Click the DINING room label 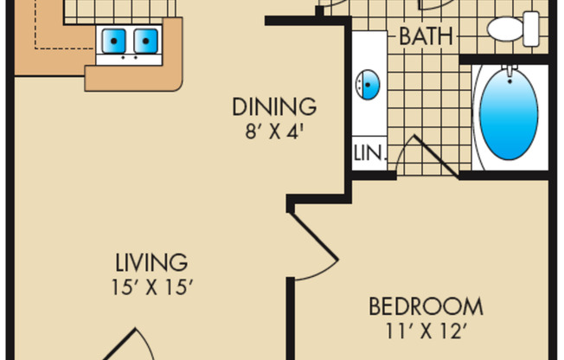[x=274, y=107]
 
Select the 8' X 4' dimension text [x=274, y=133]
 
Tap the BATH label [x=426, y=37]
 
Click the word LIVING [x=152, y=261]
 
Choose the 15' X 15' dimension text [x=152, y=287]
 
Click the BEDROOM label [x=426, y=306]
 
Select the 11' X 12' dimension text [x=426, y=331]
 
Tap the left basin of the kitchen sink [x=114, y=41]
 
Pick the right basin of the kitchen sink [x=146, y=41]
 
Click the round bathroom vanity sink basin [x=369, y=85]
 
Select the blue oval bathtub [x=508, y=118]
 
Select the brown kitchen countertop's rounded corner [x=174, y=81]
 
